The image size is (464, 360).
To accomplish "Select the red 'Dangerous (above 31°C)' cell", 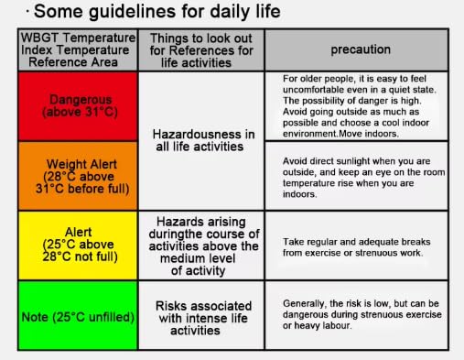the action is [x=78, y=106].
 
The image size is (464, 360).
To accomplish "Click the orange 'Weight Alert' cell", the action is [x=78, y=176].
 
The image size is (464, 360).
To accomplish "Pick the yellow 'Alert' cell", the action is [x=78, y=245].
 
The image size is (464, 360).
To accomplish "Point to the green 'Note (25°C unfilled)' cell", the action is [x=78, y=315].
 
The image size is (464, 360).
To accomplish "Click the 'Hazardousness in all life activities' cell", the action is [x=201, y=141].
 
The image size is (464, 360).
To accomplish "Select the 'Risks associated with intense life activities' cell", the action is [x=201, y=315].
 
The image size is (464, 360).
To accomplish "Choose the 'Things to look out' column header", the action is [x=201, y=50].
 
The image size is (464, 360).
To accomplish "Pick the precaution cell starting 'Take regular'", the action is [x=357, y=245].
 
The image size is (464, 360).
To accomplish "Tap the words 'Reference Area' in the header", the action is [x=73, y=62].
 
